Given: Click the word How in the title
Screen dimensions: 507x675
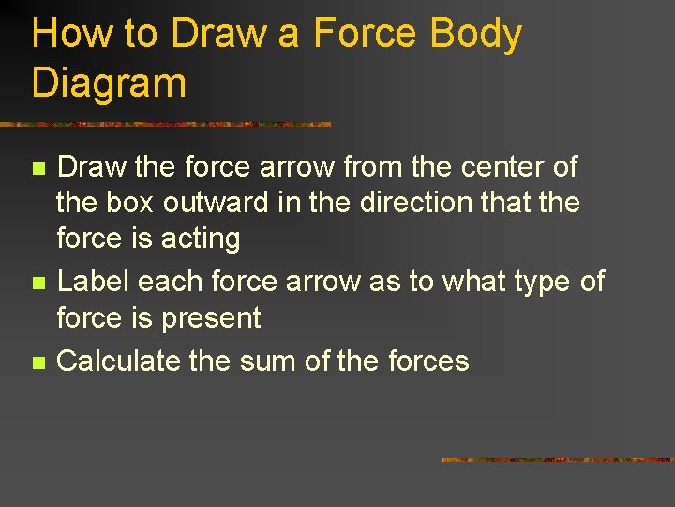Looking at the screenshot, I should (68, 34).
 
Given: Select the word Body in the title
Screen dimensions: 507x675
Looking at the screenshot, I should (475, 34).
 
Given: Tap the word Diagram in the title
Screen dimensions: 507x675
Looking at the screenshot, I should (109, 83).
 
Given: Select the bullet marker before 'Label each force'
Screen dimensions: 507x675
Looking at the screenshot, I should (37, 283).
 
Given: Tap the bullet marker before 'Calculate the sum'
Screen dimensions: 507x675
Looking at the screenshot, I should (37, 361).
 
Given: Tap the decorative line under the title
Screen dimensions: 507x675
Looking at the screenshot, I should (165, 124).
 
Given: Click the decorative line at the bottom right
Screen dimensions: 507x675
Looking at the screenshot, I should (558, 460).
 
